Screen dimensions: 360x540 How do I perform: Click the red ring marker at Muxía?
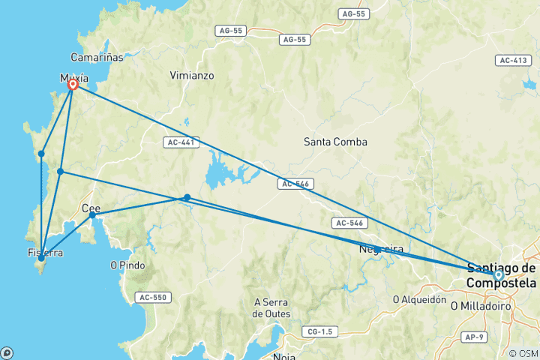pos(73,85)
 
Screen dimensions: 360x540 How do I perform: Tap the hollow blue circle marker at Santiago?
pos(498,275)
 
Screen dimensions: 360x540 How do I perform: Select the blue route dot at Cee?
pos(92,215)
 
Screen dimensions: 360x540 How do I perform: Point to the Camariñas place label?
pos(97,57)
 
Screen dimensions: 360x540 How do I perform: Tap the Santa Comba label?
pos(335,141)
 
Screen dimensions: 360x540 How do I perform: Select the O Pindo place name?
pos(127,265)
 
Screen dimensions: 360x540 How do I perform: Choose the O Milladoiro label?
pos(480,306)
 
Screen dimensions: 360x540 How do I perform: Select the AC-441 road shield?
pos(180,141)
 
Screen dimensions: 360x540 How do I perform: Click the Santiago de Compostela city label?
pos(502,275)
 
